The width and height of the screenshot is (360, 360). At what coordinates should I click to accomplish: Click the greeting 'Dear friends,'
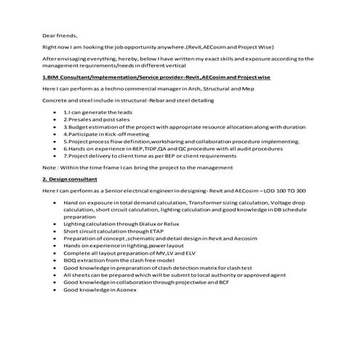coord(59,34)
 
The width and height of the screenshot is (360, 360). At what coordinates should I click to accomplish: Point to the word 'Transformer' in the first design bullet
coord(210,204)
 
